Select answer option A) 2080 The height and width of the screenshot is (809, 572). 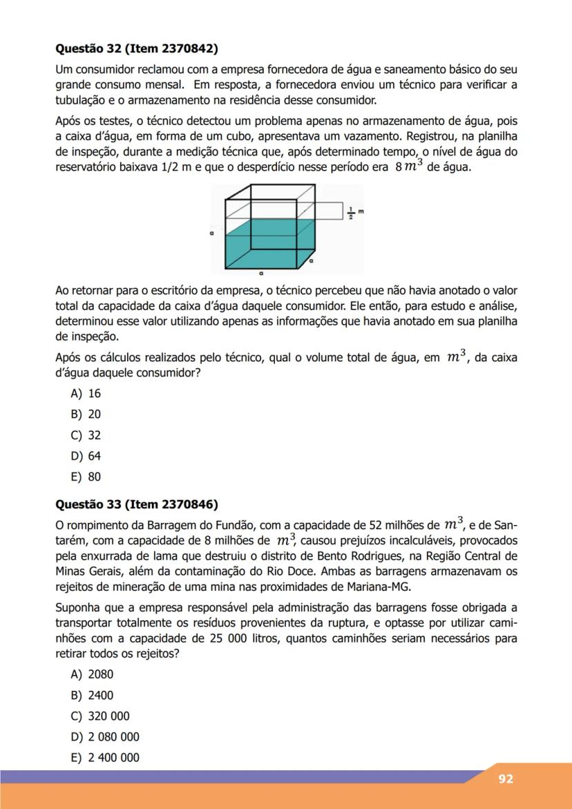tap(92, 675)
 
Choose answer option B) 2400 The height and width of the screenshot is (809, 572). tap(92, 696)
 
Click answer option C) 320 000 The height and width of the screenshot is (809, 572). tap(100, 716)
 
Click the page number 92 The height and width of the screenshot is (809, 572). tap(506, 779)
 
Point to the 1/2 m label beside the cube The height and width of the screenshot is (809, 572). tap(354, 211)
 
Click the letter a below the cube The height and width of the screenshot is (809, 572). tap(260, 274)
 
